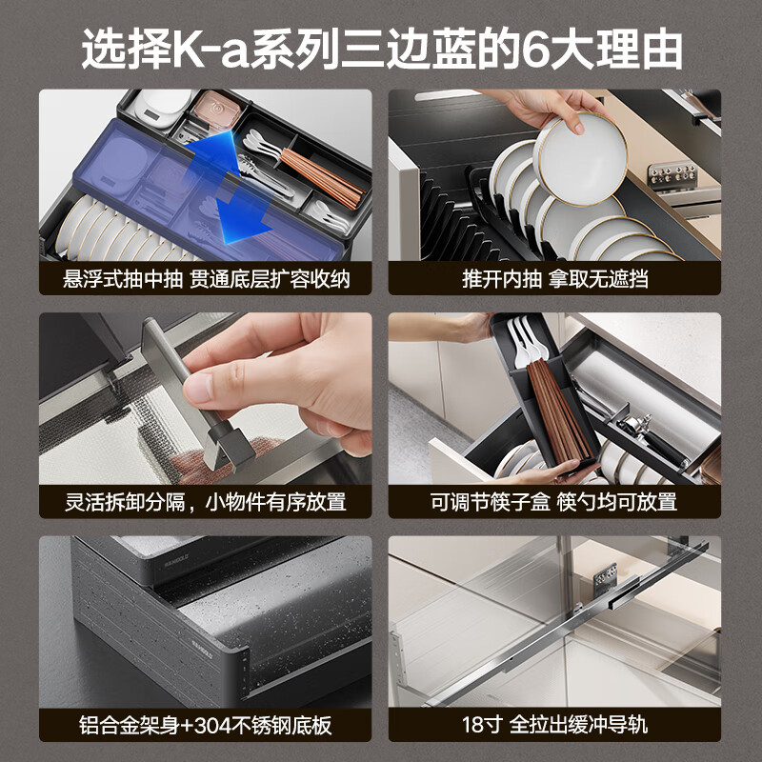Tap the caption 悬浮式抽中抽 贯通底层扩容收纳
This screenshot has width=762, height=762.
205,279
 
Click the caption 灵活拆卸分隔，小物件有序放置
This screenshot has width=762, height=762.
205,502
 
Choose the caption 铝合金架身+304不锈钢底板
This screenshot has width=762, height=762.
205,725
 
